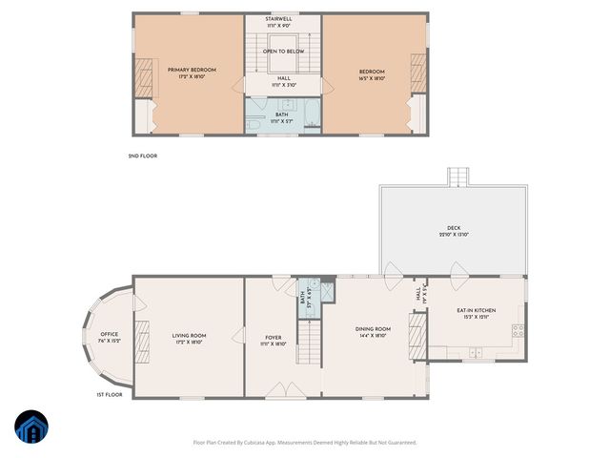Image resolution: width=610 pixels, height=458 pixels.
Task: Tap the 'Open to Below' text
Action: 283,51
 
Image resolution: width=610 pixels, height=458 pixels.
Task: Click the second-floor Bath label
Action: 281,118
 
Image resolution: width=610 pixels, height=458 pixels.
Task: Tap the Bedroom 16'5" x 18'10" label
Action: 372,74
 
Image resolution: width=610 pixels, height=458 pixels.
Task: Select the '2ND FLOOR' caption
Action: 143,156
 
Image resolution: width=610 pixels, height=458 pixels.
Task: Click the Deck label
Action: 454,231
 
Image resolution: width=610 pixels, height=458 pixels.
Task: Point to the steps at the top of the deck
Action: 459,177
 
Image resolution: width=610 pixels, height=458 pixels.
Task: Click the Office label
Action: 109,337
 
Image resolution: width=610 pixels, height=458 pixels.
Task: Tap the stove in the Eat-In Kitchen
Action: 518,331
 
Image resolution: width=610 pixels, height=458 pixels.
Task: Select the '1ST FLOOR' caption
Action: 110,394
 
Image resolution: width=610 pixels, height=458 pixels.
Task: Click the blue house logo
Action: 30,427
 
